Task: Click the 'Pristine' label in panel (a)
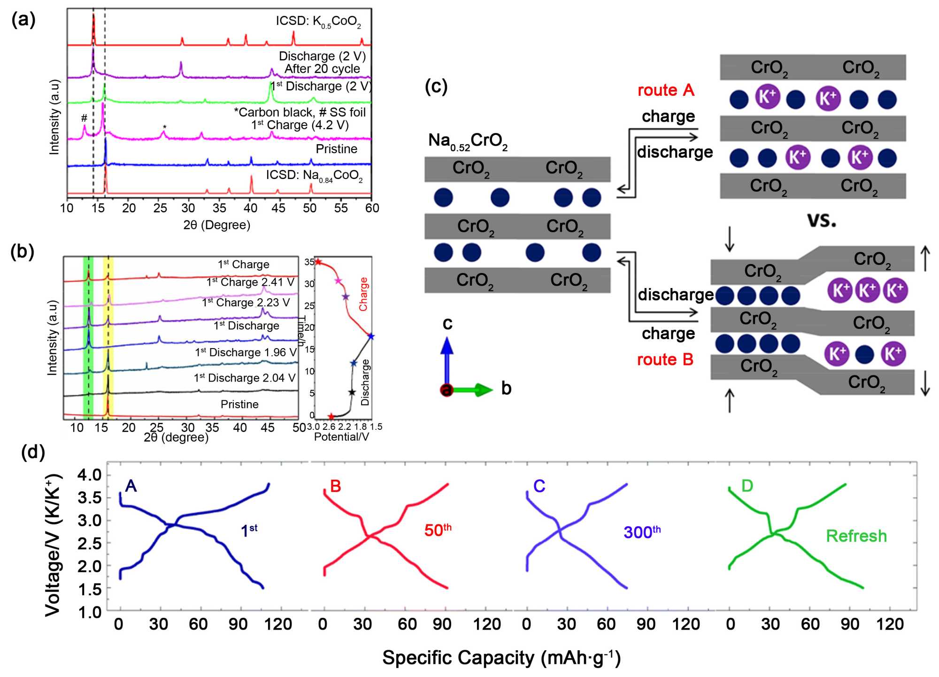(x=336, y=149)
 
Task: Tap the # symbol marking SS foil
(x=84, y=118)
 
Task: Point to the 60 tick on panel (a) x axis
(x=372, y=208)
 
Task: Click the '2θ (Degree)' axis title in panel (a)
(x=217, y=225)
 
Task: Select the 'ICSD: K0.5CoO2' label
(x=318, y=22)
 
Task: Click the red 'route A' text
(x=665, y=90)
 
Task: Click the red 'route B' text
(x=665, y=360)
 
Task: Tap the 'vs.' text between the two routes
(x=821, y=220)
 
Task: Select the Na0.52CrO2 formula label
(x=468, y=141)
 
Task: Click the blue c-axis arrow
(x=447, y=357)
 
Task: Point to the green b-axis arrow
(x=474, y=389)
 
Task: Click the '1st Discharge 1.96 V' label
(x=246, y=352)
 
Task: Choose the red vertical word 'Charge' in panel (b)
(x=363, y=294)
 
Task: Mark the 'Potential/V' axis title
(x=341, y=437)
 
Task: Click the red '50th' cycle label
(x=438, y=530)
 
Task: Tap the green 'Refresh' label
(x=856, y=536)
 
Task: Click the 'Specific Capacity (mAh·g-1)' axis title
(x=501, y=658)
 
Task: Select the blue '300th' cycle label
(x=642, y=532)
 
